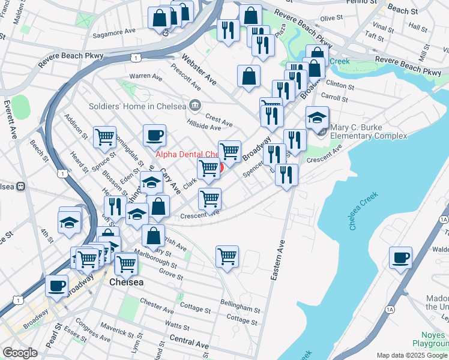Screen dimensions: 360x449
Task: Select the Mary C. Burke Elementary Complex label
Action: [x=368, y=131]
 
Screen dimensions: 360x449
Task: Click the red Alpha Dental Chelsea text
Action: [x=185, y=154]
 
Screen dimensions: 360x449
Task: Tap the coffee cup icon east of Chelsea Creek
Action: [x=400, y=258]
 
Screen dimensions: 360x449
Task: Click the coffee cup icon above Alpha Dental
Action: [x=154, y=136]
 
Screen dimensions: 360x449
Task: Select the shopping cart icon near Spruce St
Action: [x=105, y=137]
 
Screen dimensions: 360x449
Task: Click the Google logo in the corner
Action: [x=19, y=353]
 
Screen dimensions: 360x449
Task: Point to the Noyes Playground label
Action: [x=430, y=338]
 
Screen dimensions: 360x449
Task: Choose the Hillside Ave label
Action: [x=203, y=127]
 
